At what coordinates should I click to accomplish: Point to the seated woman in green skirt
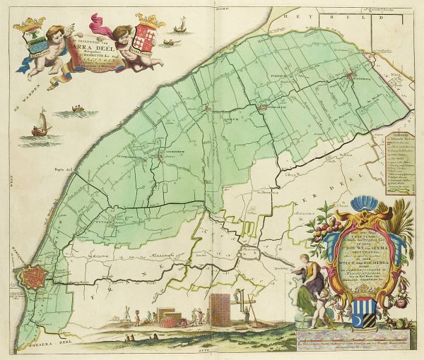pos(305,286)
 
